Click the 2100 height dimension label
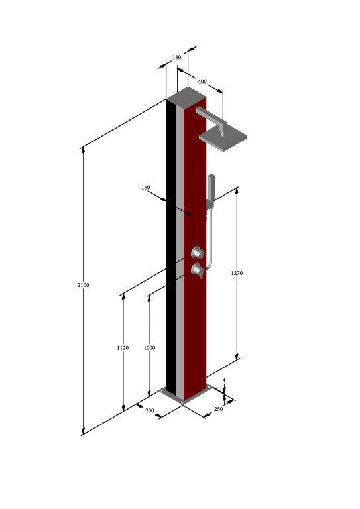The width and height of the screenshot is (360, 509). coord(83,285)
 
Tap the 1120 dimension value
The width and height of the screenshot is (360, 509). coord(123,348)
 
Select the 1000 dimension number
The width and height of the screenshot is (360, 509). coord(149,348)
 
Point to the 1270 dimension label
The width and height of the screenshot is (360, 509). coord(237,273)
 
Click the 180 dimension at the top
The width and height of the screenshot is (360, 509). coord(176,58)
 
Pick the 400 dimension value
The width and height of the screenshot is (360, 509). coord(202,82)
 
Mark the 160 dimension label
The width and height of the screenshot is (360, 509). coord(146,188)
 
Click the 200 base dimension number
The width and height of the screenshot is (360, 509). coord(149,411)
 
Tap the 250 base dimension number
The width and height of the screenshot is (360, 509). coord(219,409)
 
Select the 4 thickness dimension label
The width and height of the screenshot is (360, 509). coord(224,380)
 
